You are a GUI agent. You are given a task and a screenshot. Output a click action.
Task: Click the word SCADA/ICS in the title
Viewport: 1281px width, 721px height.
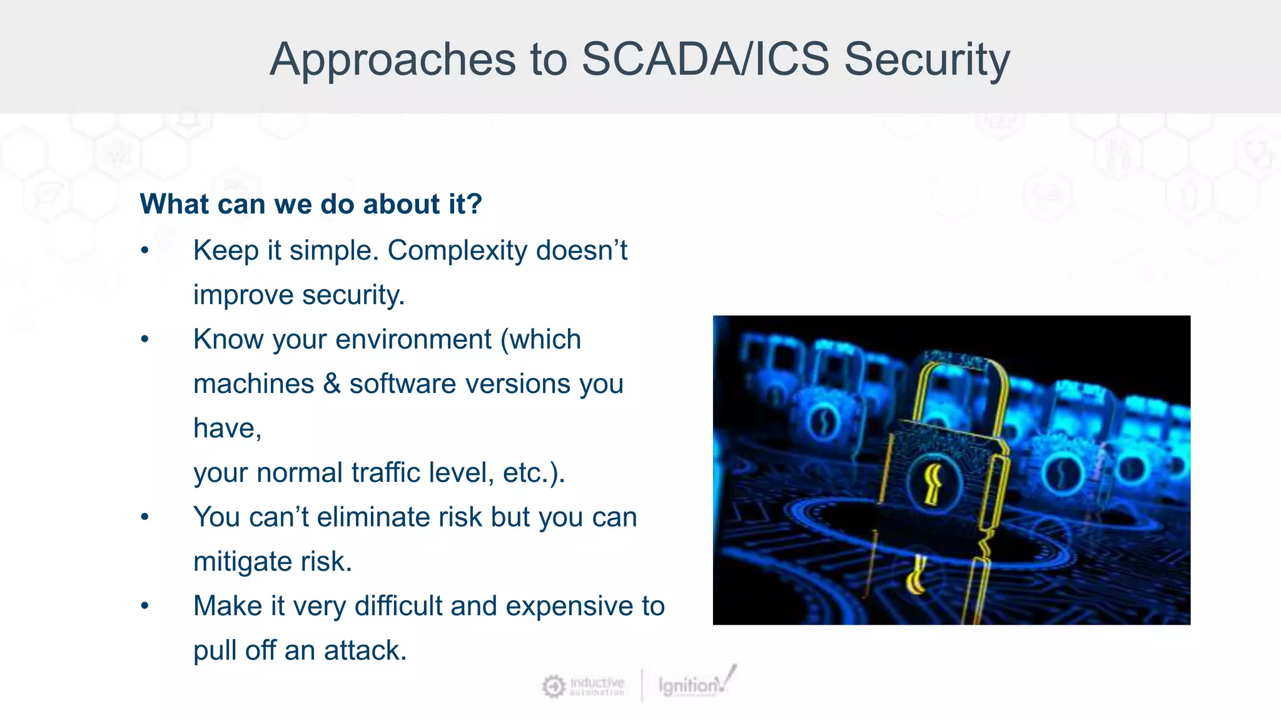[x=705, y=59]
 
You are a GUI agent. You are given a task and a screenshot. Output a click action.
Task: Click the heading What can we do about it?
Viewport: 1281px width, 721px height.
[x=311, y=204]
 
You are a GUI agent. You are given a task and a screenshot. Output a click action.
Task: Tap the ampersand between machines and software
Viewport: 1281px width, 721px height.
[x=332, y=384]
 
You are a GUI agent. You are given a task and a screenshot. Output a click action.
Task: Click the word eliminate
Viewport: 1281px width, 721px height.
[x=399, y=517]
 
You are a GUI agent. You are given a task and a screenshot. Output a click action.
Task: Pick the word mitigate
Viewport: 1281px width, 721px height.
[x=243, y=562]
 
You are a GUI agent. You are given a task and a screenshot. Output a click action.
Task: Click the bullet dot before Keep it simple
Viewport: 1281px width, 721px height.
[x=145, y=251]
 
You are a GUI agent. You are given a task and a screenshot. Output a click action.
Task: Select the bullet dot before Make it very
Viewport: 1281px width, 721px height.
[x=145, y=606]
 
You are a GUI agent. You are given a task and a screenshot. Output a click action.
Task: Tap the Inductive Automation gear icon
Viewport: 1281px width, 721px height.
[x=553, y=687]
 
